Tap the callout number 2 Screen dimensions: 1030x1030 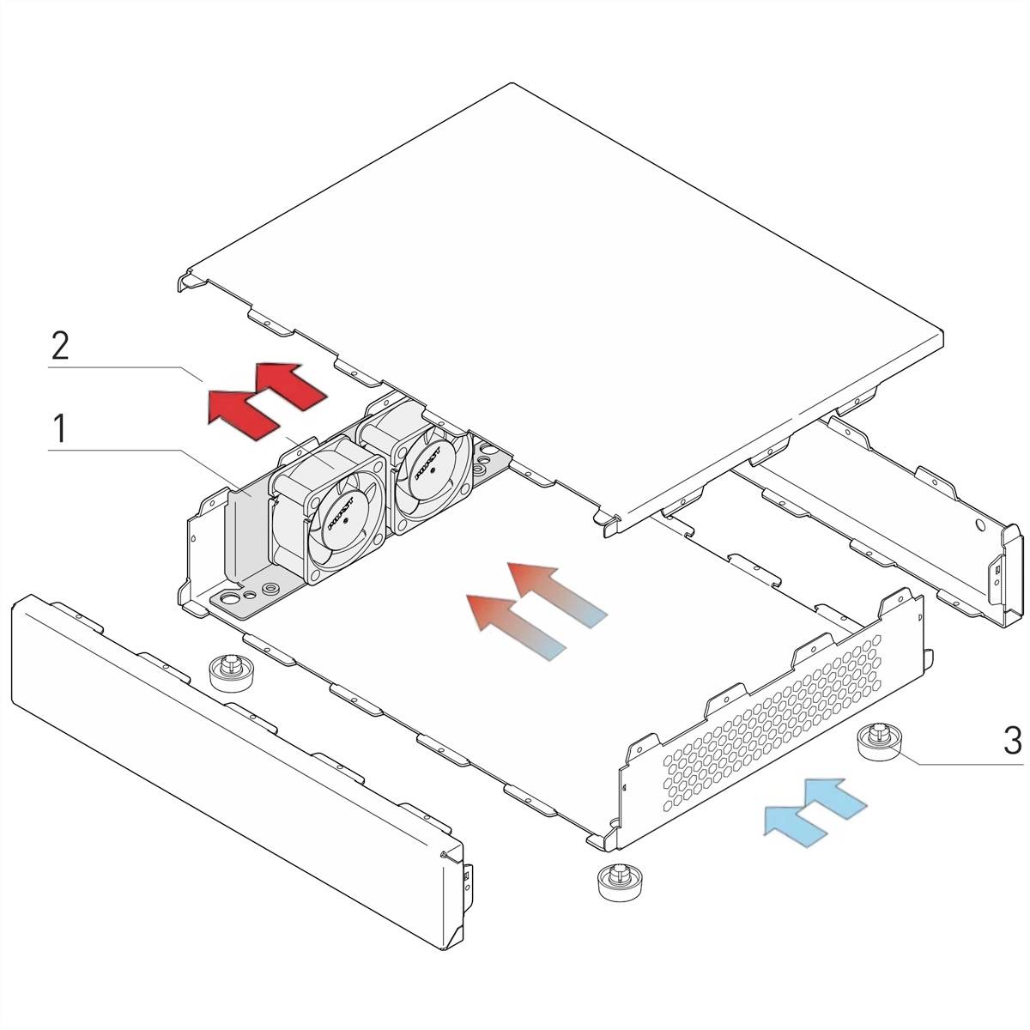point(59,346)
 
